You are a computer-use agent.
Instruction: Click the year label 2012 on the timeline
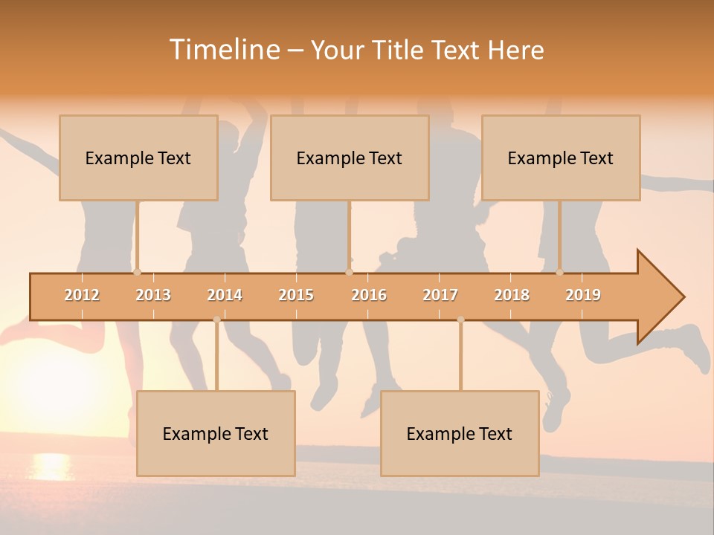(x=82, y=295)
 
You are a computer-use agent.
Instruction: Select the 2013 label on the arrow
(x=153, y=295)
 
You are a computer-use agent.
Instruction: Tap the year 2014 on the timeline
(x=225, y=295)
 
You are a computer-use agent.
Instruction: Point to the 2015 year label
(x=296, y=295)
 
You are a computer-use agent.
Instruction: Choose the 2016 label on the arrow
(x=369, y=295)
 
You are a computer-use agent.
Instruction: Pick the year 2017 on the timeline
(x=440, y=295)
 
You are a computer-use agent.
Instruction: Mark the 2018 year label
(x=512, y=295)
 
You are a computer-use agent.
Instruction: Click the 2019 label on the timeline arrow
(x=583, y=295)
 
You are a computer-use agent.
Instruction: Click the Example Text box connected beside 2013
(x=138, y=158)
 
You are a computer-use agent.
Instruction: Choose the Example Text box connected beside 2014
(x=216, y=434)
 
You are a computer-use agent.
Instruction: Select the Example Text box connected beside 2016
(x=350, y=158)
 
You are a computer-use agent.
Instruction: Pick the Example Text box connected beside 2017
(x=460, y=434)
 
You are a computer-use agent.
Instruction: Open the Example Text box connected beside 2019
(x=561, y=158)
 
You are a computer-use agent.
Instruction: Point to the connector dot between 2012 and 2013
(x=137, y=272)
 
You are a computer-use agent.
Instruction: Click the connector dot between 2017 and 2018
(x=460, y=320)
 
